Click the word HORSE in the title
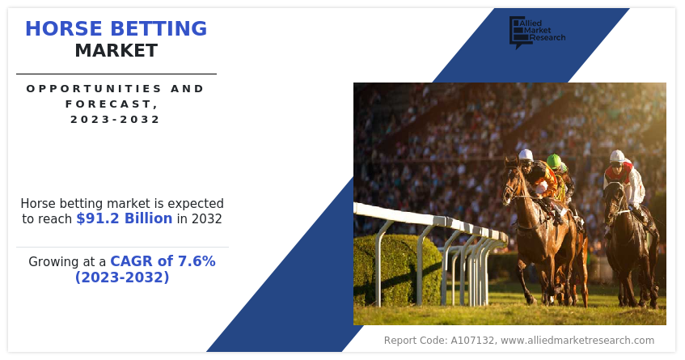click(x=64, y=29)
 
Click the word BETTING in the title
click(x=159, y=29)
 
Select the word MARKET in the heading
click(x=116, y=51)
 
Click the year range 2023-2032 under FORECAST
click(x=116, y=119)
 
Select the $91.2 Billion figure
click(x=125, y=218)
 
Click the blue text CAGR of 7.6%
click(x=163, y=261)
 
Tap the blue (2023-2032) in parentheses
click(x=122, y=277)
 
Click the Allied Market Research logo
click(x=537, y=32)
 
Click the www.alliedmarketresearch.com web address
click(x=577, y=341)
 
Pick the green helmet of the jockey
click(x=553, y=161)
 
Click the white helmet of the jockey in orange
click(x=526, y=155)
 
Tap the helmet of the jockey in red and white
click(x=617, y=156)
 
